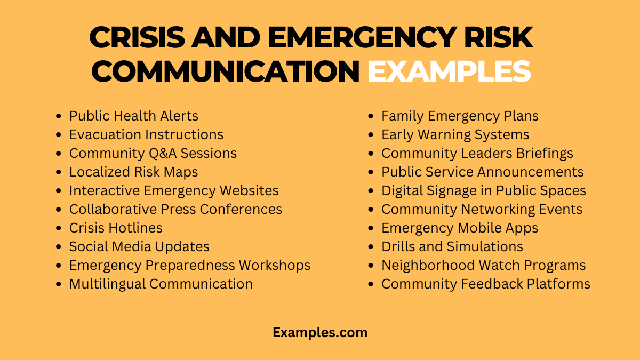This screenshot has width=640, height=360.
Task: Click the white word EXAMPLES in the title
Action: [x=449, y=71]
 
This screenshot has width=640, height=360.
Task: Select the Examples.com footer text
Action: [x=320, y=332]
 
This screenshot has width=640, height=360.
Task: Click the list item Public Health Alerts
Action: [x=133, y=116]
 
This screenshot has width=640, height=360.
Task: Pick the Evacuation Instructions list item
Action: [x=146, y=134]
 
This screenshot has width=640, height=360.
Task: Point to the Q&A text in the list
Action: [x=162, y=153]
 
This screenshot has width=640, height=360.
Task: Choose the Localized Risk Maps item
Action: [x=133, y=172]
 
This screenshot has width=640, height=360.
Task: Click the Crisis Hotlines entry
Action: [x=116, y=228]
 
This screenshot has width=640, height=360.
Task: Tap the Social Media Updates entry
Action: [x=139, y=246]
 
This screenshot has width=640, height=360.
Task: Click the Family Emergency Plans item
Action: [x=460, y=116]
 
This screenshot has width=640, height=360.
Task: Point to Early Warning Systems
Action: [x=455, y=134]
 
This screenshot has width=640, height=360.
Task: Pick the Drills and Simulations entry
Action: [x=452, y=246]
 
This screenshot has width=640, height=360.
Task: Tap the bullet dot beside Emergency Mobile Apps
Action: [x=371, y=228]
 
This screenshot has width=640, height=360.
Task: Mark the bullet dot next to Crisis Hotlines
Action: [x=59, y=228]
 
